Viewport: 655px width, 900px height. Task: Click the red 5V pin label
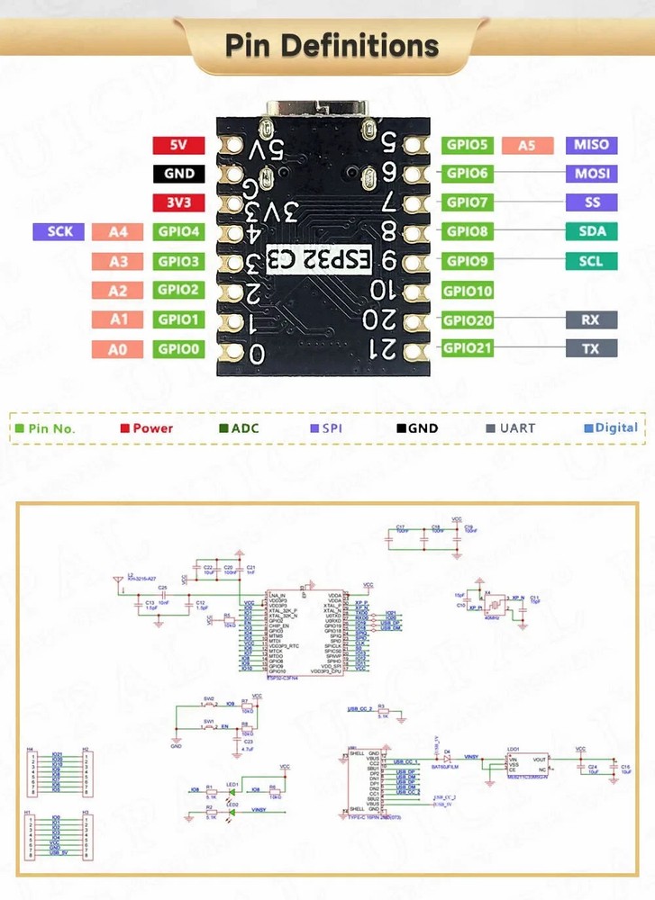point(178,145)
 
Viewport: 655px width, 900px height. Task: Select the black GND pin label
point(178,174)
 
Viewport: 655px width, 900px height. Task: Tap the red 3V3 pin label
point(178,203)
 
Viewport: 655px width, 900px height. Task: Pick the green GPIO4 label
point(178,232)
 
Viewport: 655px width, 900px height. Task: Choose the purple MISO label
point(591,145)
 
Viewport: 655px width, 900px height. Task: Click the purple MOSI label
point(591,174)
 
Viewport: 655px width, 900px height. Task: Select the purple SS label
point(591,202)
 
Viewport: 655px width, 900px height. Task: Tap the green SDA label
point(591,231)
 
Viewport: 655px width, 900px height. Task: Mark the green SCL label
point(591,262)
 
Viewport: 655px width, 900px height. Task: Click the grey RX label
point(591,319)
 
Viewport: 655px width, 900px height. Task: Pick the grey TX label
point(591,348)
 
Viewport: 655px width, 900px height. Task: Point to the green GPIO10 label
point(468,291)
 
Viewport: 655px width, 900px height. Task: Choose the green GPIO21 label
point(468,348)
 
